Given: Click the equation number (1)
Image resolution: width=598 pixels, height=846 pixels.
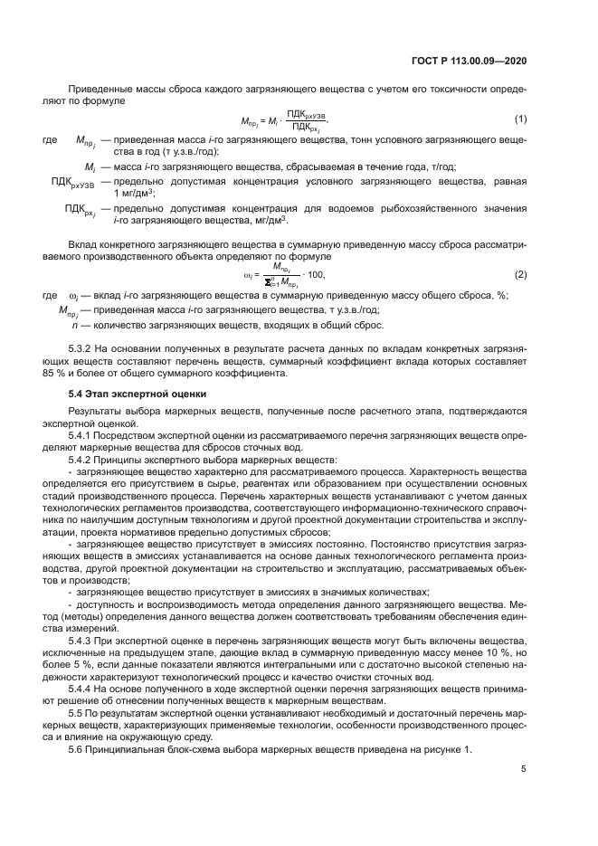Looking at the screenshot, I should click(x=520, y=119).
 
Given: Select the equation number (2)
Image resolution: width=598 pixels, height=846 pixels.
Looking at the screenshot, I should click(x=520, y=274).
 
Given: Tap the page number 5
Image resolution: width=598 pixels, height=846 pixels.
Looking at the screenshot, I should click(x=524, y=769).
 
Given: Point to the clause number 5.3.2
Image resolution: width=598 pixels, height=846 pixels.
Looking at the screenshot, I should click(x=82, y=348).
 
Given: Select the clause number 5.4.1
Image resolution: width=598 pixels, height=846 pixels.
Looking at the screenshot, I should click(x=82, y=436).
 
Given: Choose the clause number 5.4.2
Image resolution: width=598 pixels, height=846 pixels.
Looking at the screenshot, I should click(x=82, y=460).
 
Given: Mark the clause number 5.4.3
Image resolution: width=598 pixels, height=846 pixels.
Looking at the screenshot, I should click(x=82, y=639).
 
